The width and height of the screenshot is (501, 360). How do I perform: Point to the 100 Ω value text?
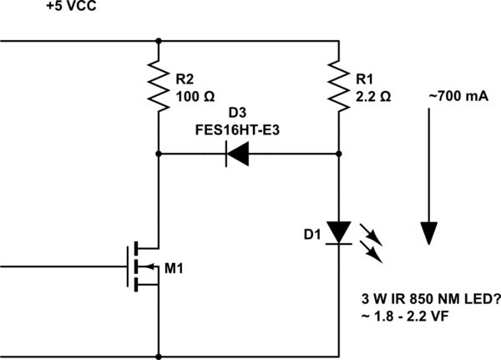click(x=195, y=96)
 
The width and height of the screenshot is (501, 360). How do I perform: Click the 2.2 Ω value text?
click(x=372, y=96)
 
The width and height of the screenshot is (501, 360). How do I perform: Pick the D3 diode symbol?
click(x=238, y=154)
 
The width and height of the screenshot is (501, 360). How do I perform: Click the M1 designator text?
click(x=173, y=267)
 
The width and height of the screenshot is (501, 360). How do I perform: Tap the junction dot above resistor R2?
click(x=159, y=39)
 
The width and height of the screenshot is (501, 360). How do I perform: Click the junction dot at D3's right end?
click(x=338, y=154)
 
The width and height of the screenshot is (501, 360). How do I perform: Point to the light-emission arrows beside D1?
click(x=372, y=240)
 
